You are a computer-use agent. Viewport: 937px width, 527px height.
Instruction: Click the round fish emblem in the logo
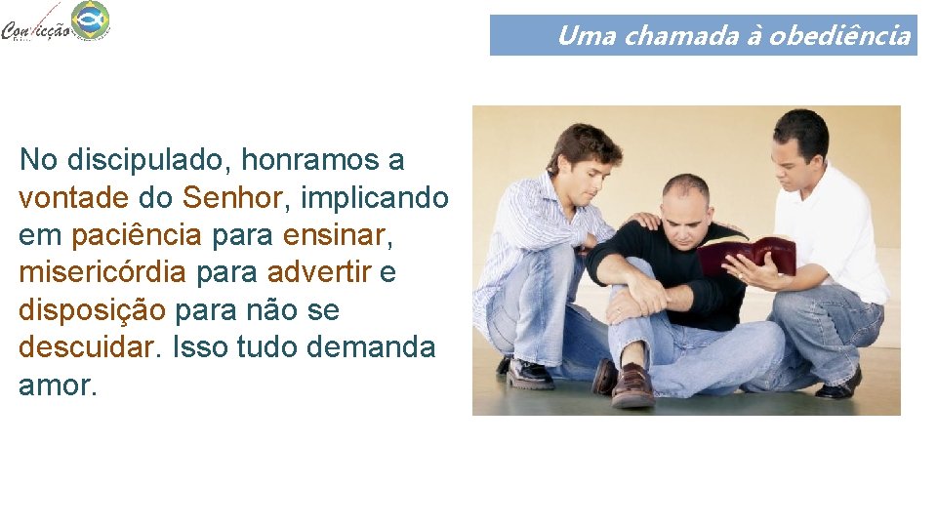90,20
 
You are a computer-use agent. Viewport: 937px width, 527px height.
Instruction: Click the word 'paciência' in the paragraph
137,235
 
